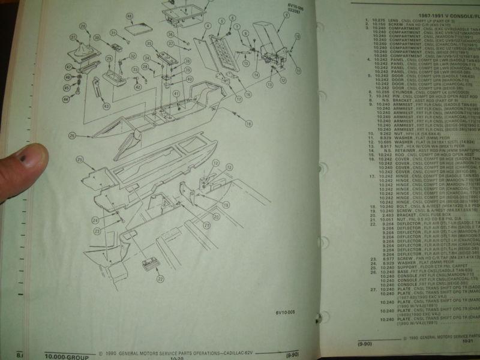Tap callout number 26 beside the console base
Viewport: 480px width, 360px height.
tap(73, 135)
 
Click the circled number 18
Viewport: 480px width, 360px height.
tap(248, 123)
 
